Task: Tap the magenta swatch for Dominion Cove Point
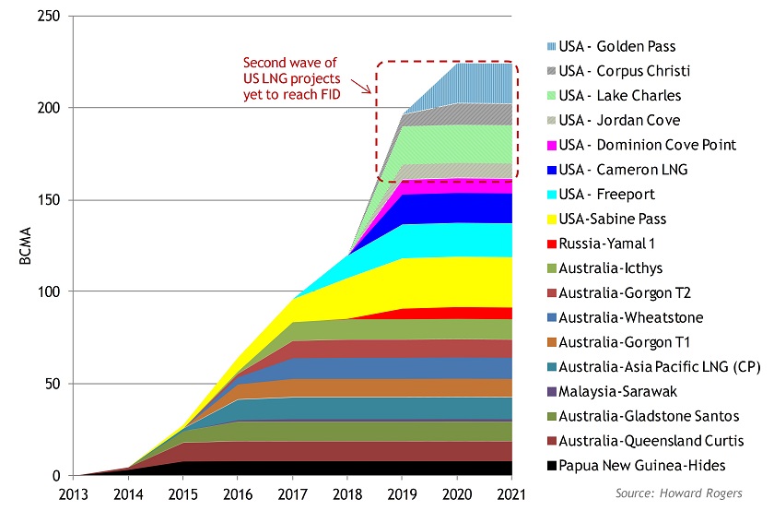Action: pos(551,145)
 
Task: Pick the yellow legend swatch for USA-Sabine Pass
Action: pos(551,219)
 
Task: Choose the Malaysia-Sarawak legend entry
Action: pos(623,391)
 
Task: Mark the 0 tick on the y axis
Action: pos(56,476)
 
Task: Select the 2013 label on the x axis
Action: pos(74,493)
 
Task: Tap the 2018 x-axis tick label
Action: pos(348,493)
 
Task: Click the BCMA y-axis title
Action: pos(24,247)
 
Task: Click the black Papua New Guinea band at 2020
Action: pos(458,468)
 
